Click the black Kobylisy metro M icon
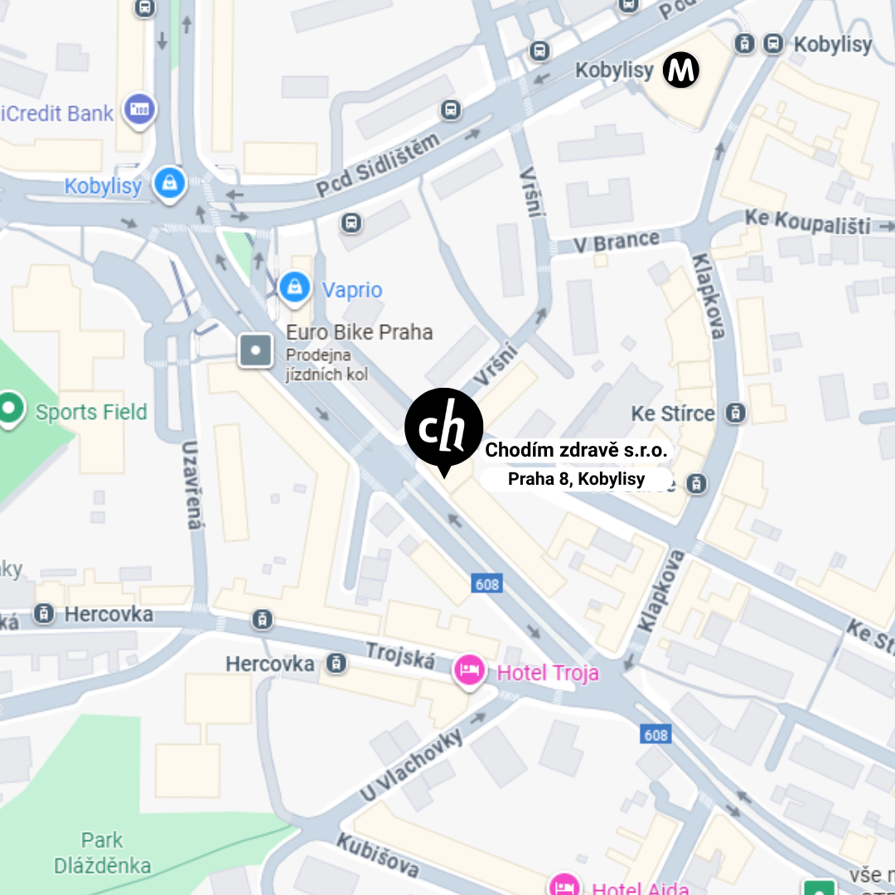pyautogui.click(x=681, y=71)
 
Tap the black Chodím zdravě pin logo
pyautogui.click(x=443, y=427)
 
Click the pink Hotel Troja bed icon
pyautogui.click(x=470, y=670)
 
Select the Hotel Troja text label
pyautogui.click(x=547, y=673)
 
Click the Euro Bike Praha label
pyautogui.click(x=359, y=332)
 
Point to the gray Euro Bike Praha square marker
pyautogui.click(x=255, y=351)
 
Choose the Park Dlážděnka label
pyautogui.click(x=103, y=853)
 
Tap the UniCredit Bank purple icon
pyautogui.click(x=140, y=110)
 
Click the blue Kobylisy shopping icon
pyautogui.click(x=170, y=185)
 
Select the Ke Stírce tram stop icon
pyautogui.click(x=733, y=412)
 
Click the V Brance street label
pyautogui.click(x=615, y=242)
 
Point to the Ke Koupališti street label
pyautogui.click(x=807, y=221)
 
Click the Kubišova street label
pyautogui.click(x=377, y=854)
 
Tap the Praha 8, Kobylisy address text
pyautogui.click(x=576, y=479)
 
